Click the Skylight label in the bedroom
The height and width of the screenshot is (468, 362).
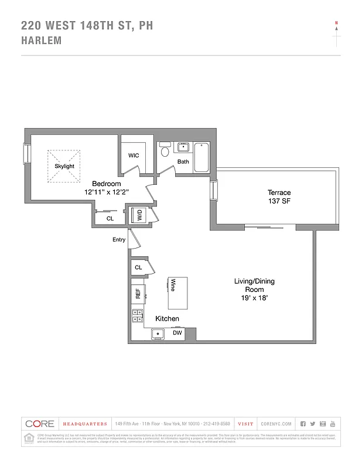pyautogui.click(x=64, y=166)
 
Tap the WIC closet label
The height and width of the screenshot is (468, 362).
pyautogui.click(x=134, y=156)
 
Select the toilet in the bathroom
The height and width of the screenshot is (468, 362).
pyautogui.click(x=165, y=151)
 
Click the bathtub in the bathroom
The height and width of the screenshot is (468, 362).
pyautogui.click(x=201, y=157)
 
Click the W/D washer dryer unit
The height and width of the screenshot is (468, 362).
pyautogui.click(x=140, y=216)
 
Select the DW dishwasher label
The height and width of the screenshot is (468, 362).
pyautogui.click(x=177, y=333)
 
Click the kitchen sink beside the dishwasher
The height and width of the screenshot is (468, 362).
pyautogui.click(x=157, y=334)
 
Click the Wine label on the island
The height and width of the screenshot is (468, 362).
pyautogui.click(x=173, y=285)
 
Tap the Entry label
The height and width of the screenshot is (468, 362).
pyautogui.click(x=119, y=240)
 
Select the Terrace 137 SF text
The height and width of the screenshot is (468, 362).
pyautogui.click(x=279, y=197)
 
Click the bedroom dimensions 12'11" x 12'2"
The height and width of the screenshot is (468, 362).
pyautogui.click(x=106, y=192)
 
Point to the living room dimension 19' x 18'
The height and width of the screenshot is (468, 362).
pyautogui.click(x=254, y=298)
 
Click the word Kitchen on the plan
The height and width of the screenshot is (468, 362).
pyautogui.click(x=167, y=319)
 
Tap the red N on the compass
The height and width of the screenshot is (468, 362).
pyautogui.click(x=336, y=23)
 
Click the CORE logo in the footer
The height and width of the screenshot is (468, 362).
pyautogui.click(x=40, y=424)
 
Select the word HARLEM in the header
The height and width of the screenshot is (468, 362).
pyautogui.click(x=41, y=41)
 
